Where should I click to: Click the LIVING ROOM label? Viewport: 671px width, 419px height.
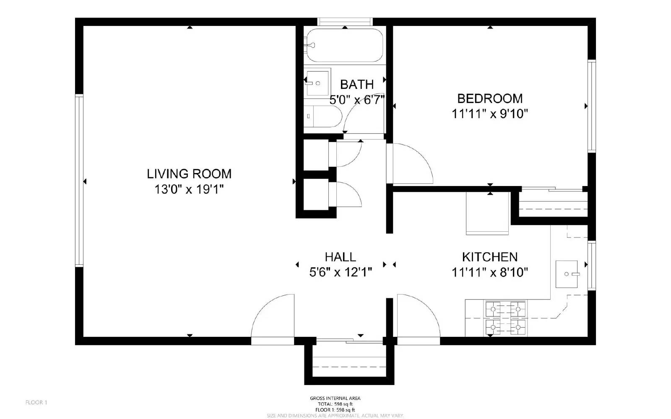(189, 174)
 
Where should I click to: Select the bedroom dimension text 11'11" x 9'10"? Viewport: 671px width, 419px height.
(490, 114)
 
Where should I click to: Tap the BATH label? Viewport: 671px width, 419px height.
(357, 85)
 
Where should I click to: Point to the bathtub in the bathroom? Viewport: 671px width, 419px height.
(344, 45)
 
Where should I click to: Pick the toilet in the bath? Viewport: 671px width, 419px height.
(322, 116)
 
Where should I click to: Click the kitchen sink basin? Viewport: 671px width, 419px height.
(567, 274)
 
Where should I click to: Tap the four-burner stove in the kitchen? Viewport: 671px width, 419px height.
(505, 318)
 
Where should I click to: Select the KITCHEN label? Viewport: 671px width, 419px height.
(490, 257)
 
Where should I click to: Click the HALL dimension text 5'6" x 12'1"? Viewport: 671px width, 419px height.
(341, 272)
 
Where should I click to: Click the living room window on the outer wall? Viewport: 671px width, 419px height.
(79, 181)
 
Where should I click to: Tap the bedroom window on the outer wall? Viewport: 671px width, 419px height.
(592, 106)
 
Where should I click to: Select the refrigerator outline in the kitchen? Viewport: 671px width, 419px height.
(487, 213)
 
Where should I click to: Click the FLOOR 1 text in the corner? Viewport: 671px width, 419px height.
(36, 403)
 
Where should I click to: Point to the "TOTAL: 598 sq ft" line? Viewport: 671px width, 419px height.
(335, 404)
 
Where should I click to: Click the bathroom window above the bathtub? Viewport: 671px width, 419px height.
(345, 22)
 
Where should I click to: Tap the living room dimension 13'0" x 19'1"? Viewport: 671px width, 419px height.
(189, 189)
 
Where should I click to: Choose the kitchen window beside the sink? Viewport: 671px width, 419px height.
(592, 266)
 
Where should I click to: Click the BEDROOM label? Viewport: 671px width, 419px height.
(490, 98)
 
